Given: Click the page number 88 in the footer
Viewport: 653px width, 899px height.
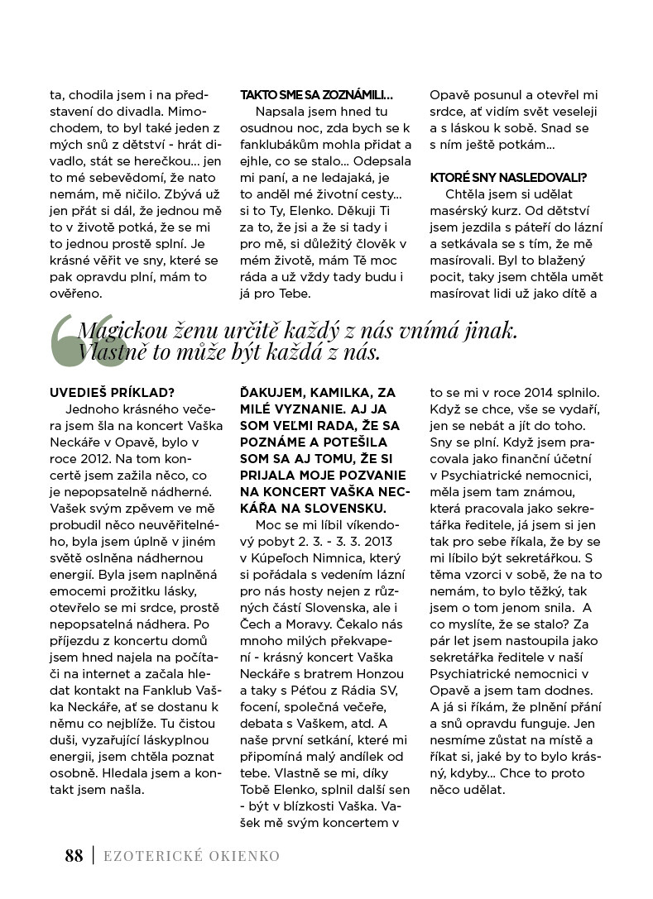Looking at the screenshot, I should tap(74, 856).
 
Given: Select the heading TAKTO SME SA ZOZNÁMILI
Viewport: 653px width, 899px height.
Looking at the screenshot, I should tap(316, 95).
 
